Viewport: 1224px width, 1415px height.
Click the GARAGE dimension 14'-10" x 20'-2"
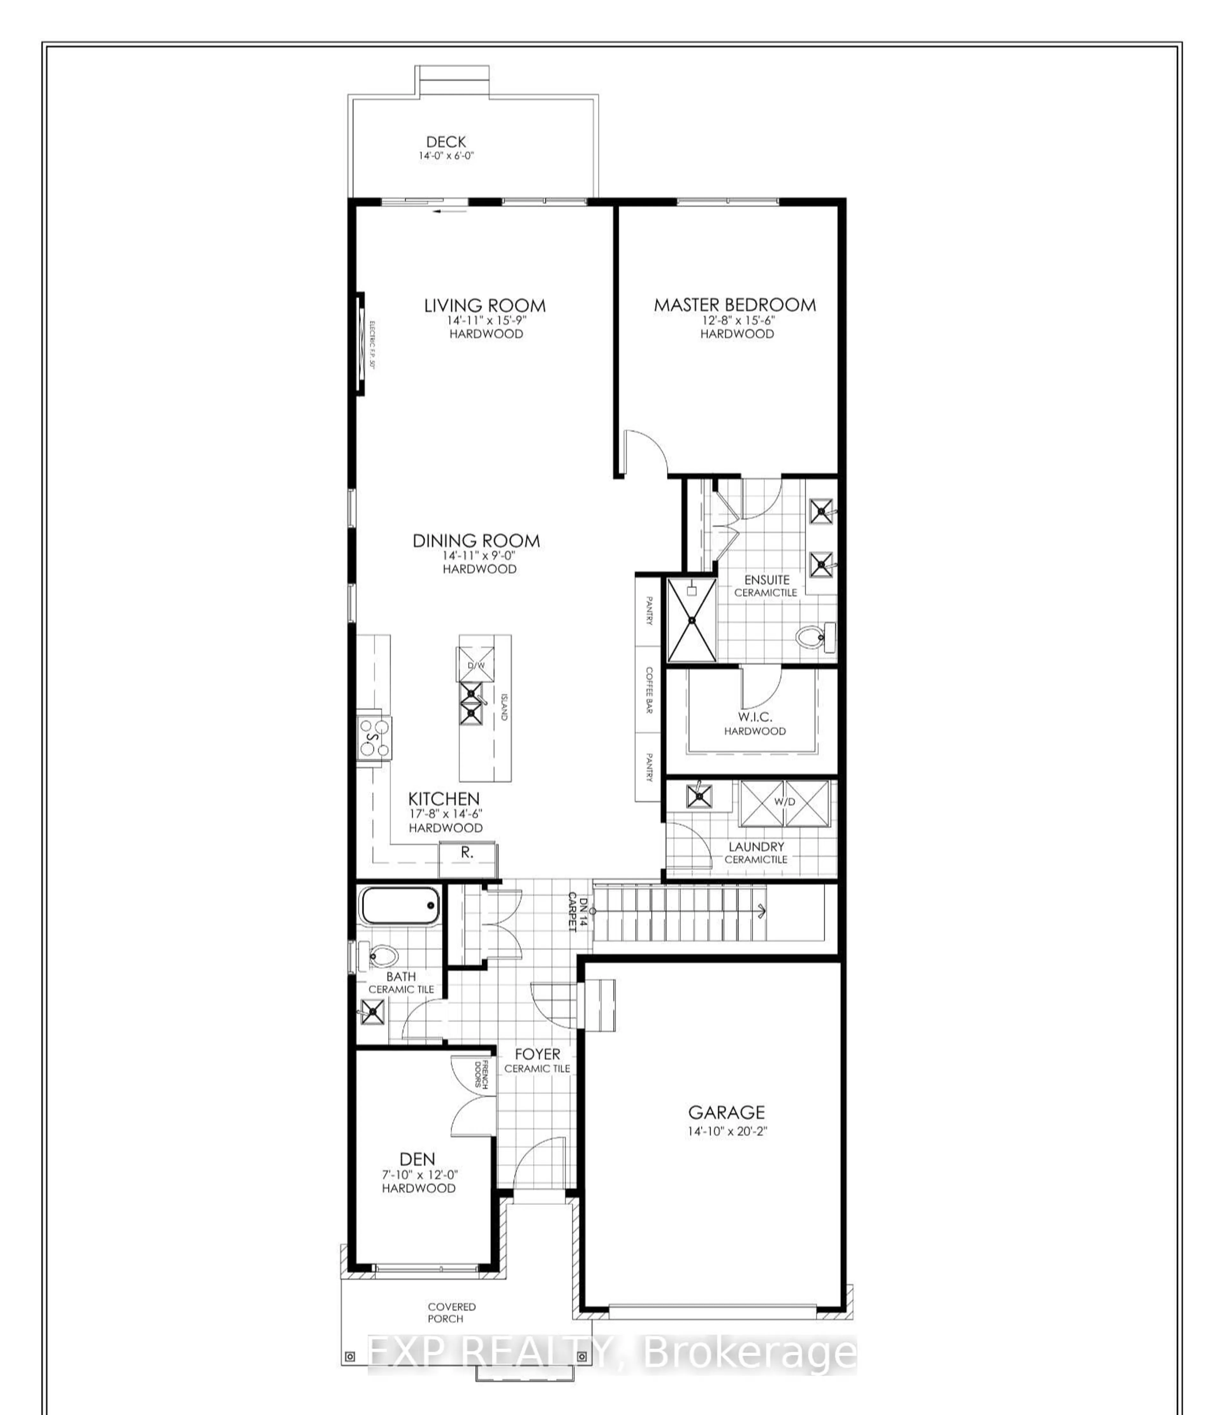coord(727,1130)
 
